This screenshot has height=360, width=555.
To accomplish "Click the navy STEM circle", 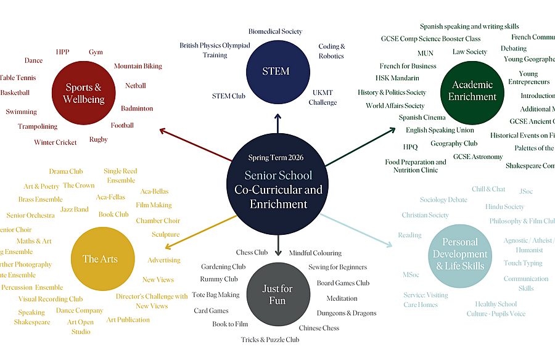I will pyautogui.click(x=276, y=71).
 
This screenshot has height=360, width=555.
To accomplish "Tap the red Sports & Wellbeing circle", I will pyautogui.click(x=83, y=93).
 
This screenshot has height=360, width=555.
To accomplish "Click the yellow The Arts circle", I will pyautogui.click(x=100, y=259).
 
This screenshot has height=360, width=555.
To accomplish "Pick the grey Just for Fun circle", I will pyautogui.click(x=277, y=294).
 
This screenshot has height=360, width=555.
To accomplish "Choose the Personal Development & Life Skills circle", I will pyautogui.click(x=459, y=255).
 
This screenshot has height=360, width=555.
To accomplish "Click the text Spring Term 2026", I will pyautogui.click(x=276, y=158).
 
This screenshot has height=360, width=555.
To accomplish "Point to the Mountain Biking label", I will pyautogui.click(x=138, y=66).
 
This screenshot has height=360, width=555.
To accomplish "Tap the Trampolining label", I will pyautogui.click(x=38, y=126).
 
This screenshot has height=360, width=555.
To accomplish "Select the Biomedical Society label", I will pyautogui.click(x=275, y=31).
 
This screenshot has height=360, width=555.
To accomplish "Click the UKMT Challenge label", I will pyautogui.click(x=322, y=97).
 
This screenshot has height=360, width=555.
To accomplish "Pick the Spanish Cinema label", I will pyautogui.click(x=422, y=118).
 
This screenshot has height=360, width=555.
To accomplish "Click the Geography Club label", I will pyautogui.click(x=454, y=144).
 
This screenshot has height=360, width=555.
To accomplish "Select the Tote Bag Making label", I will pyautogui.click(x=216, y=295).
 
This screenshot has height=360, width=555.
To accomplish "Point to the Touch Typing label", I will pyautogui.click(x=523, y=263).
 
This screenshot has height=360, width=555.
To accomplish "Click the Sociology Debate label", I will pyautogui.click(x=443, y=200).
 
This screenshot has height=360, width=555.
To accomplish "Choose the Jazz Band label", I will pyautogui.click(x=75, y=210).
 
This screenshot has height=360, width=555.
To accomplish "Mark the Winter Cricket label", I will pyautogui.click(x=55, y=142).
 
